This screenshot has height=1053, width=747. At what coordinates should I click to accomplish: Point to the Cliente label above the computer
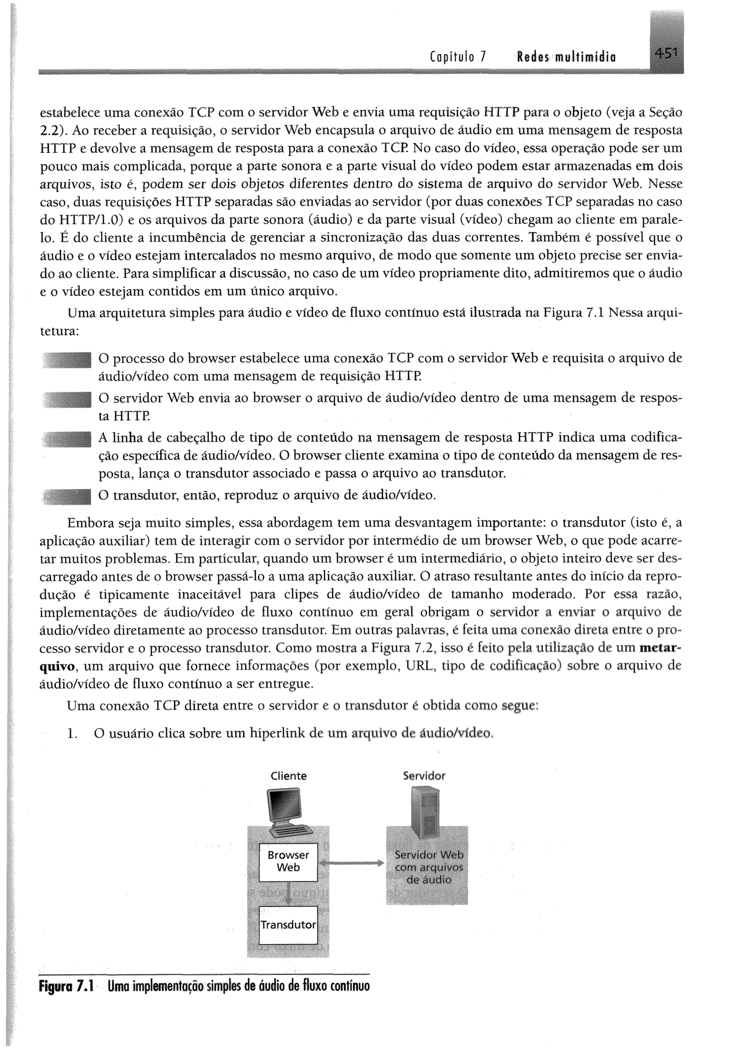(x=289, y=776)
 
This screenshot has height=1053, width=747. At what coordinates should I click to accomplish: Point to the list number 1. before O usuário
(x=71, y=733)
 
